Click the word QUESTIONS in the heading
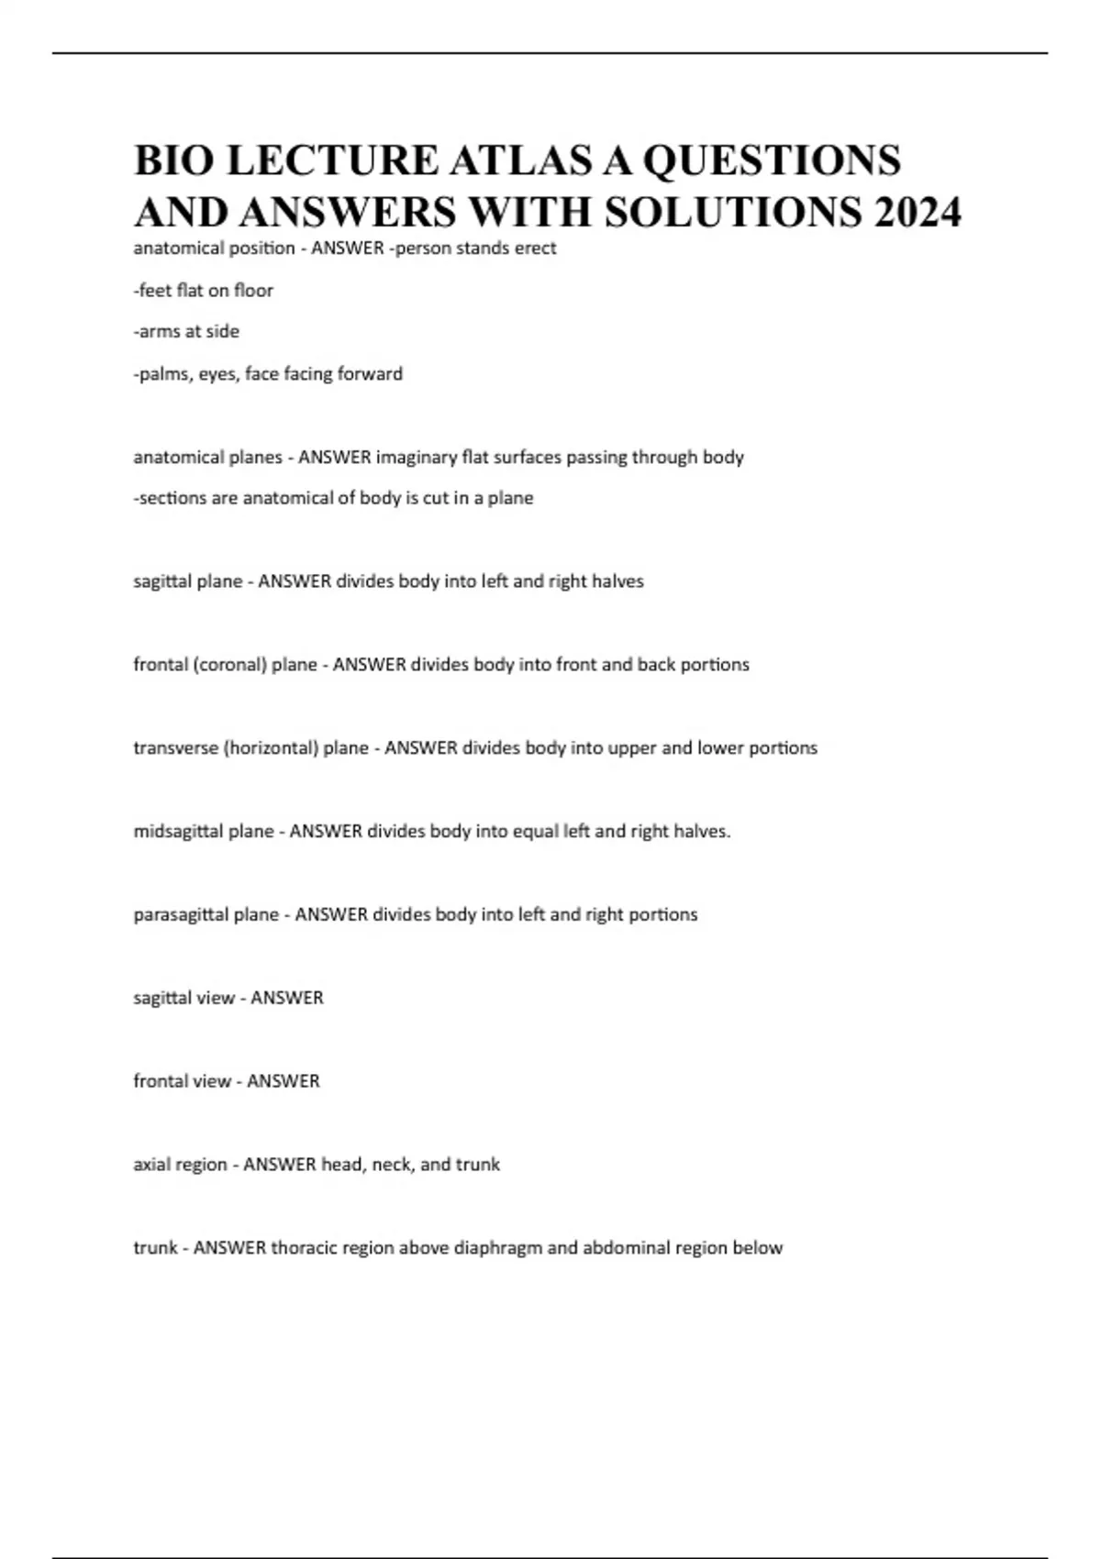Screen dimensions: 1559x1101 (772, 160)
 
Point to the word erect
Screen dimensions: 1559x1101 (534, 249)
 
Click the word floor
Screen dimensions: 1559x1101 (253, 291)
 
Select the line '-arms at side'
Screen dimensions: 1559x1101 (186, 332)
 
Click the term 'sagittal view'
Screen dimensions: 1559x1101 (183, 998)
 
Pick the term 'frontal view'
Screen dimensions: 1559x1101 (182, 1081)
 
